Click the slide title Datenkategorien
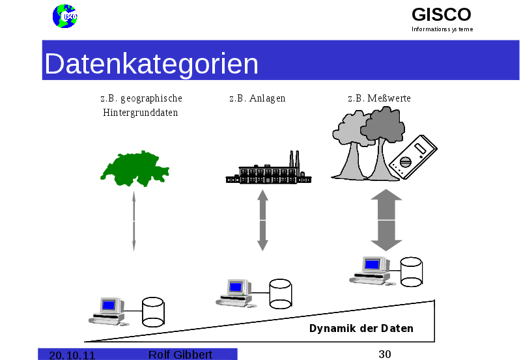coord(152,64)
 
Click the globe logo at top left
coord(64,16)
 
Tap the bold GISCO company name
coord(441,14)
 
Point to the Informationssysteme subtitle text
coord(442,29)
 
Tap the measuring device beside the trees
coord(412,158)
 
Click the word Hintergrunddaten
coord(141,113)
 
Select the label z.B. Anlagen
coord(257,98)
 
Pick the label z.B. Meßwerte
coord(379,98)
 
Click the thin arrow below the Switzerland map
coord(134,221)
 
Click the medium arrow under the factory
coord(262,220)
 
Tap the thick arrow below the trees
coord(386,220)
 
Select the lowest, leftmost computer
coord(108,310)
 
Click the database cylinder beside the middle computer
coord(280,294)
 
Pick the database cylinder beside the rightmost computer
coord(411,271)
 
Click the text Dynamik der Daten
coord(361,328)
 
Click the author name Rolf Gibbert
coord(180,354)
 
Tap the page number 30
coord(384,354)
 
